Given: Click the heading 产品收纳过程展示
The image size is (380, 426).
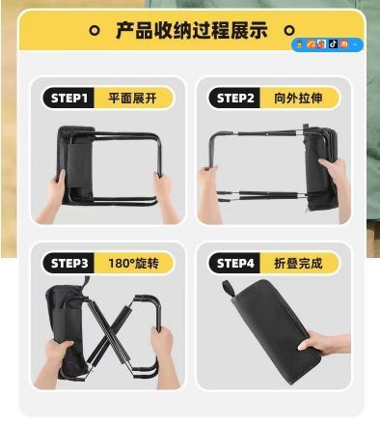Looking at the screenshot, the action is coord(192,31).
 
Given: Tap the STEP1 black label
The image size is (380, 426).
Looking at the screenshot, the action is coord(68,98).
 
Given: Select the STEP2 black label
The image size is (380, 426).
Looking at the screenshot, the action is coord(235,98).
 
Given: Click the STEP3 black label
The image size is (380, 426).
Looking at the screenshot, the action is coord(68,263).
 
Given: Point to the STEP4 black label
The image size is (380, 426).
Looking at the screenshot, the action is coord(235,263).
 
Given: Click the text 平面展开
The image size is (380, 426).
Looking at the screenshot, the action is coord(132,98).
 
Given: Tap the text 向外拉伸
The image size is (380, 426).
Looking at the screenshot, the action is coord(298,98).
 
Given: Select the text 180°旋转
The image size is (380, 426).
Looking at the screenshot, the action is coord(133,264).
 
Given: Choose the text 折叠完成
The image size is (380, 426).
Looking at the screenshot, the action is coord(298,263).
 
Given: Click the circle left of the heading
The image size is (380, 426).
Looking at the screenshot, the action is coord(95,31).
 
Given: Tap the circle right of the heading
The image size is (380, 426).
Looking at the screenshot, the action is coord(289,30).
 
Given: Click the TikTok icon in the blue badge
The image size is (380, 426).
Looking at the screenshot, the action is coord(333,44).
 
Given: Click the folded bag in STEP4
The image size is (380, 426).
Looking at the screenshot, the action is coord(273,330).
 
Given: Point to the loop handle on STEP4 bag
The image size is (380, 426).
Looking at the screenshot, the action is coord(228,288).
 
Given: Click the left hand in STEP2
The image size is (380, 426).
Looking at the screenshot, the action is coord(209,193).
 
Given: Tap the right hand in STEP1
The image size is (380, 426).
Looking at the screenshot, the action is coord(167,197).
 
